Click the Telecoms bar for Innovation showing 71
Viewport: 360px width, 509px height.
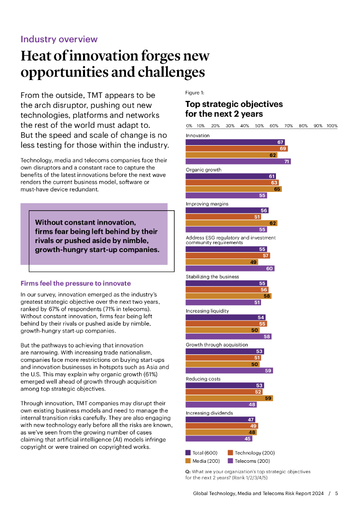[238, 161]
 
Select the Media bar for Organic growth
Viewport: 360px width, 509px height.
[233, 189]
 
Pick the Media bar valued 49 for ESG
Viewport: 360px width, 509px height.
[221, 262]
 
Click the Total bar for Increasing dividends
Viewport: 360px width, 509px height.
[220, 420]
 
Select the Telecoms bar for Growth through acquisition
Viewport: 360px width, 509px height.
[229, 370]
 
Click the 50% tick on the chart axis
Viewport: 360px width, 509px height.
[259, 126]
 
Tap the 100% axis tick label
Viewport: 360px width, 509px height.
[332, 126]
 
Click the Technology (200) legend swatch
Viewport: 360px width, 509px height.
[230, 453]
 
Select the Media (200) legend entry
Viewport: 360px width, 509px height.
[205, 461]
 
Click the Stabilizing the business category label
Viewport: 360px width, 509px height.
[212, 276]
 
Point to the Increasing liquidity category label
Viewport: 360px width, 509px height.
[207, 311]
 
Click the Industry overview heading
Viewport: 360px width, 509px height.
[59, 39]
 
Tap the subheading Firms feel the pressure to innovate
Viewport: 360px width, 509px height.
[76, 283]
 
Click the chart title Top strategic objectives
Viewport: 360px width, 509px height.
[234, 104]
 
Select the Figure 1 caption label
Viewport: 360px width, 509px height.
[194, 92]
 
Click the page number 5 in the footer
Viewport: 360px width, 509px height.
[337, 494]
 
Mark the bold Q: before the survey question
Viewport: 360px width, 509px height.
[188, 471]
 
